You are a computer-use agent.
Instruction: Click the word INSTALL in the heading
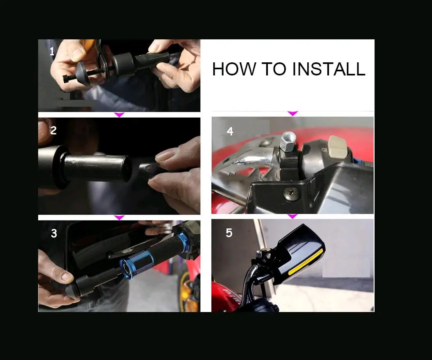328,69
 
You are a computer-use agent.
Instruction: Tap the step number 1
52,52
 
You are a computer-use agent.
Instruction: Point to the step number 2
53,130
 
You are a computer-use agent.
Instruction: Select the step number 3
54,233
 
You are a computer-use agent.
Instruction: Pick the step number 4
230,131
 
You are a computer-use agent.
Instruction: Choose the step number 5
229,233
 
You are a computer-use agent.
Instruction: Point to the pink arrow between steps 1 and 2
119,114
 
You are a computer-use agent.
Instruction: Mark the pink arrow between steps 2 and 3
119,218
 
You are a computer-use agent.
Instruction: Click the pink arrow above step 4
293,113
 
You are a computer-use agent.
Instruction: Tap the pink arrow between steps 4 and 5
292,216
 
